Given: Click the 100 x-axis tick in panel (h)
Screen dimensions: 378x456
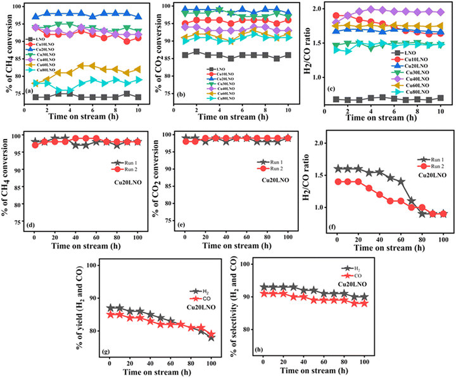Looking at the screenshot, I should click(x=365, y=360).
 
